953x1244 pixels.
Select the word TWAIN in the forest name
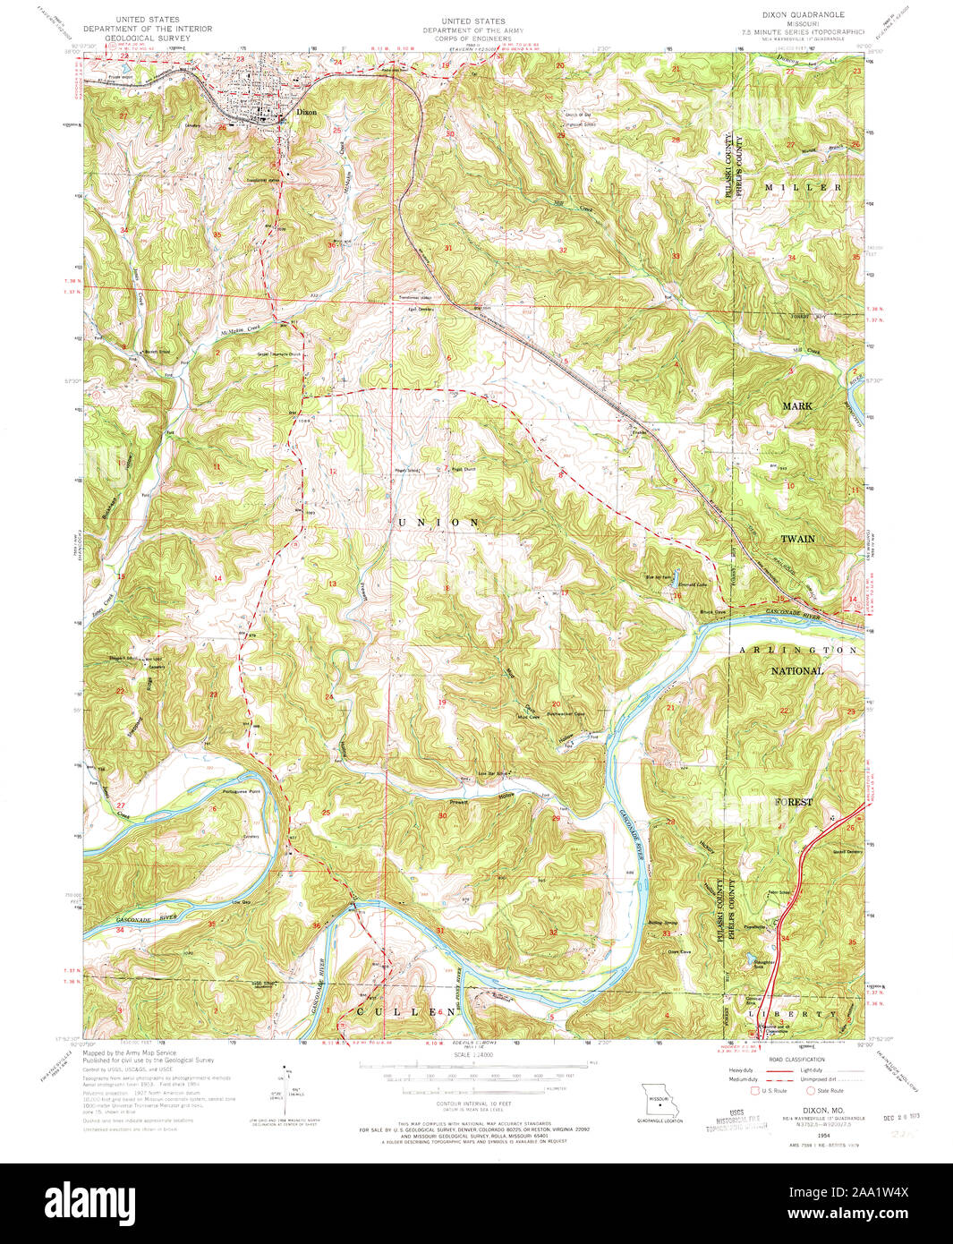point(798,539)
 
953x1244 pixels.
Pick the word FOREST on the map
point(794,802)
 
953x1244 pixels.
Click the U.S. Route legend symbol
point(756,1091)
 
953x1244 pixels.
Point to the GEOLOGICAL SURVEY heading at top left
point(143,39)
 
